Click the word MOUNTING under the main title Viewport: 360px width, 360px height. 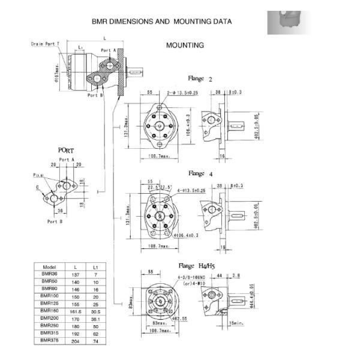[184, 45]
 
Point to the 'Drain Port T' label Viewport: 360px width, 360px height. [46, 44]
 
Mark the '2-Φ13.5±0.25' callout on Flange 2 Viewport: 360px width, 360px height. [182, 93]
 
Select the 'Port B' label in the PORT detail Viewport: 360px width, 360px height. [54, 221]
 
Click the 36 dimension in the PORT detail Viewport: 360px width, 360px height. [60, 211]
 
